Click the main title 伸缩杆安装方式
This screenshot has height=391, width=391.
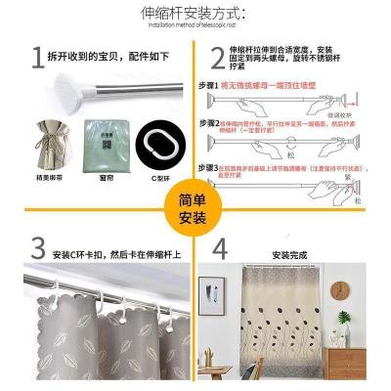click(x=196, y=13)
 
